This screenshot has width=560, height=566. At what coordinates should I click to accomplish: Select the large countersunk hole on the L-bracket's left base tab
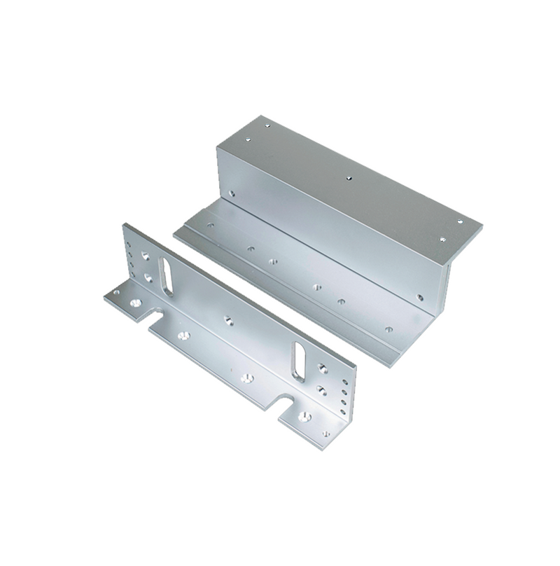(135, 303)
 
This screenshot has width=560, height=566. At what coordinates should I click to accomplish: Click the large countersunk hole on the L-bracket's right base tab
(304, 416)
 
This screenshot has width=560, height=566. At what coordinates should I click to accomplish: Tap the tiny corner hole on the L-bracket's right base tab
(326, 434)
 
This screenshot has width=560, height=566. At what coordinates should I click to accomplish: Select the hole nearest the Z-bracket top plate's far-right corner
(460, 222)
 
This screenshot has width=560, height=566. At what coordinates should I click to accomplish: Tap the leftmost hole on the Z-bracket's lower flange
(211, 226)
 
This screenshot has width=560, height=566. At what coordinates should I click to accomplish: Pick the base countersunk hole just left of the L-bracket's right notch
(246, 378)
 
